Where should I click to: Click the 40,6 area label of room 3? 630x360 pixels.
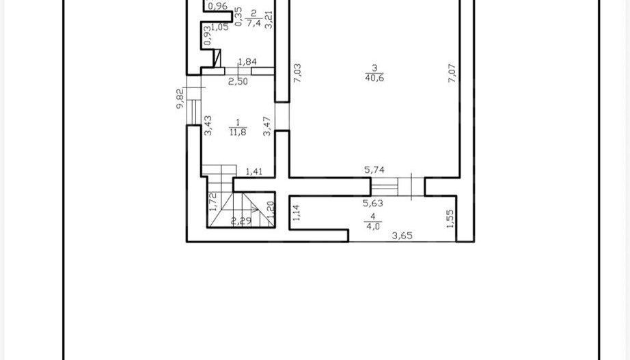tap(374, 78)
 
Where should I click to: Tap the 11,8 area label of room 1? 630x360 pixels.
tap(238, 131)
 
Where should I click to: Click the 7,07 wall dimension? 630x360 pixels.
tap(452, 72)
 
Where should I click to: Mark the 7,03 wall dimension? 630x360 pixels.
tap(297, 73)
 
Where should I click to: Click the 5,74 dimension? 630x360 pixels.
tap(374, 170)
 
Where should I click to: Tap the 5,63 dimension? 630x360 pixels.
tap(372, 202)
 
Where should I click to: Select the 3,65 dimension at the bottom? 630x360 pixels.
tap(402, 236)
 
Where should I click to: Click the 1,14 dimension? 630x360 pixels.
tap(295, 214)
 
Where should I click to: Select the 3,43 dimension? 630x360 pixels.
tap(208, 125)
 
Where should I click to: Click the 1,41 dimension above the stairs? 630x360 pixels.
tap(254, 171)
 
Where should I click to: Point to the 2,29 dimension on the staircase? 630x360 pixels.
tap(240, 221)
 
